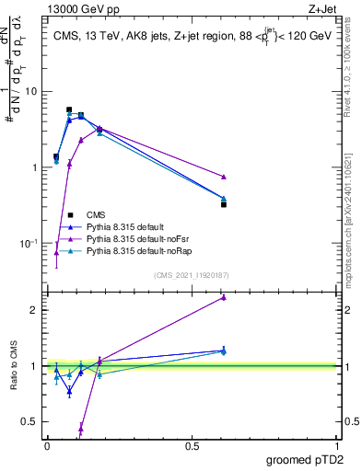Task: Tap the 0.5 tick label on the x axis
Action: click(192, 446)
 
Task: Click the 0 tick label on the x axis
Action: click(47, 446)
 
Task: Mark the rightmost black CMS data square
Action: click(224, 204)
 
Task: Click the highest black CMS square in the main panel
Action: click(69, 109)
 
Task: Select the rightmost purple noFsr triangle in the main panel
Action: click(224, 177)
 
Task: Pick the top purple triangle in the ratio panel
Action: click(224, 297)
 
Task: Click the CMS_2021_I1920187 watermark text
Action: click(191, 274)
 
